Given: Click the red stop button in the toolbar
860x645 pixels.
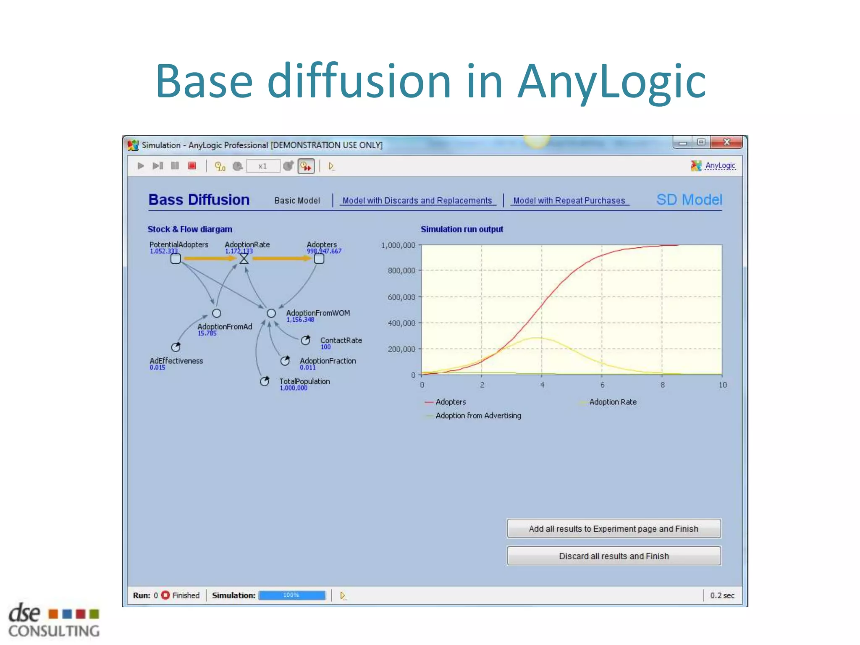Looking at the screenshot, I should [x=192, y=166].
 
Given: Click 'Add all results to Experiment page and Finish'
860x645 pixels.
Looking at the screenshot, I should [x=614, y=529].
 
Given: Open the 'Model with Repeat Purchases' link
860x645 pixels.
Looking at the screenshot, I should [x=569, y=201].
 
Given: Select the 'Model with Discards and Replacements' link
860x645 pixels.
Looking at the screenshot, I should [x=417, y=201].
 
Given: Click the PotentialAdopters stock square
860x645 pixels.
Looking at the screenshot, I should [x=176, y=259].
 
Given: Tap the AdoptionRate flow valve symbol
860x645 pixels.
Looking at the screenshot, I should [x=244, y=259].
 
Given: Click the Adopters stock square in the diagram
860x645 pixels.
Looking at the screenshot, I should [x=319, y=259].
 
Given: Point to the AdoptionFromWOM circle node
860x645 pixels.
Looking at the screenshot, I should [x=271, y=313].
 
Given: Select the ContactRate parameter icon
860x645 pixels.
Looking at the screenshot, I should [x=306, y=341].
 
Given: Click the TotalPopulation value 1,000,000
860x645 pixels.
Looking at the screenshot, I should [x=294, y=388].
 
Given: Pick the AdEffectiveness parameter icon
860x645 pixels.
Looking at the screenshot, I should [x=176, y=347].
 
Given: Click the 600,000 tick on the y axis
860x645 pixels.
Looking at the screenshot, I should [x=401, y=297].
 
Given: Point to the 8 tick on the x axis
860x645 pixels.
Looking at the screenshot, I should [x=662, y=385].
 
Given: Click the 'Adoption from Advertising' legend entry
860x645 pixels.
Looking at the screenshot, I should [x=478, y=416].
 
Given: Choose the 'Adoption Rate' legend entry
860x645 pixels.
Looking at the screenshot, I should [x=613, y=402].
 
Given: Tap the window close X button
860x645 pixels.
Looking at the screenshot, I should [x=727, y=142].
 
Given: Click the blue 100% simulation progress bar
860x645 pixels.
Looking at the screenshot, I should [x=292, y=595].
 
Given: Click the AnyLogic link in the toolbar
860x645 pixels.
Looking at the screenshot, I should [x=720, y=165].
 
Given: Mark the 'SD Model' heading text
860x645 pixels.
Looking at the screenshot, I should [x=689, y=200].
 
